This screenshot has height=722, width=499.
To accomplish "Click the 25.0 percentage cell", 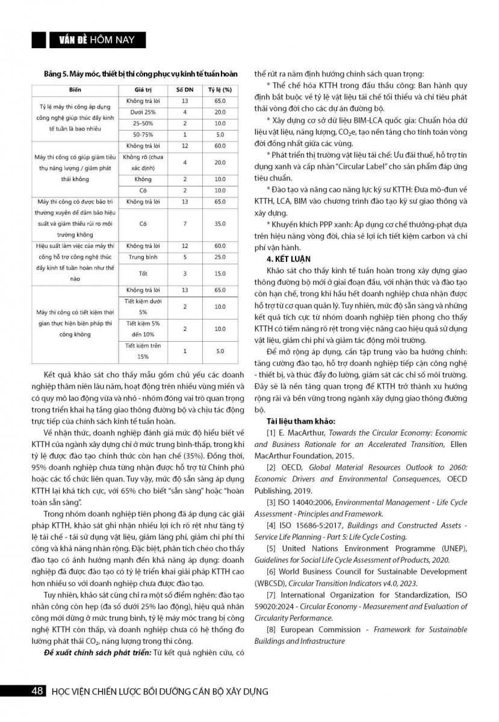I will coord(220,257).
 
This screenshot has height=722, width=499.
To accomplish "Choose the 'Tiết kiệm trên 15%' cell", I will coord(143,351).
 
